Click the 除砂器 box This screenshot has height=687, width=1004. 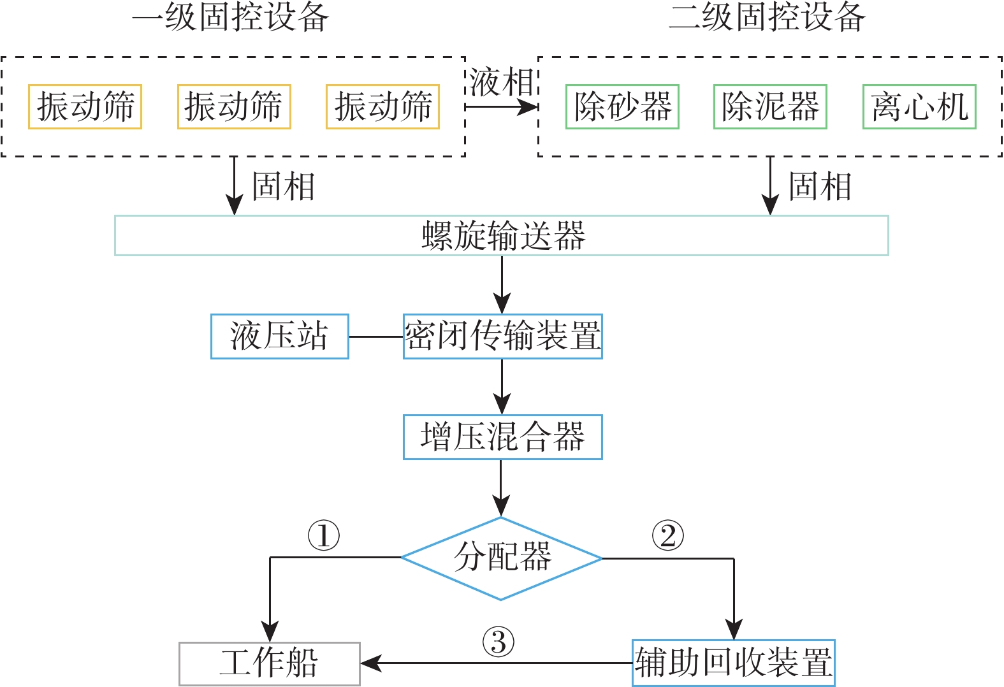coord(622,106)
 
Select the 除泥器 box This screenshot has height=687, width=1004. coord(770,106)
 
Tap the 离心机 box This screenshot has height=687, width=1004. coord(919,106)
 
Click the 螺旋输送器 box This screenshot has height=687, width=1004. coord(502,236)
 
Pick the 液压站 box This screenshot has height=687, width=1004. coord(279,336)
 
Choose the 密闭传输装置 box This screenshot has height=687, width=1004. coord(502,336)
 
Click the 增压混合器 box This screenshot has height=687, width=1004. coord(502,437)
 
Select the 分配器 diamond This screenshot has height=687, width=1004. coord(502,558)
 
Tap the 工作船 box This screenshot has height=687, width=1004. coord(270,663)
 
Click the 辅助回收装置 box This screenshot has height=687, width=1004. coord(733,663)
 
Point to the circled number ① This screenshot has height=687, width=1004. coord(324,535)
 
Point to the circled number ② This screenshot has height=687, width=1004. coord(667,535)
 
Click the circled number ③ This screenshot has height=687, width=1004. coord(498,642)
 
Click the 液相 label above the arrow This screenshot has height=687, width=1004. coord(501,83)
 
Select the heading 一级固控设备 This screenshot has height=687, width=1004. coord(231,17)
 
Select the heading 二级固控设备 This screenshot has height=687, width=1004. coord(768,17)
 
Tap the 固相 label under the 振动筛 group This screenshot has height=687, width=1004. coord(284,187)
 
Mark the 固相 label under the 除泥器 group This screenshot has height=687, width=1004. coord(820,187)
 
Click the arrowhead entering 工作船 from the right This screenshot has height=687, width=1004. coord(370,663)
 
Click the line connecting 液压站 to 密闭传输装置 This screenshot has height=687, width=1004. coord(376,336)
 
